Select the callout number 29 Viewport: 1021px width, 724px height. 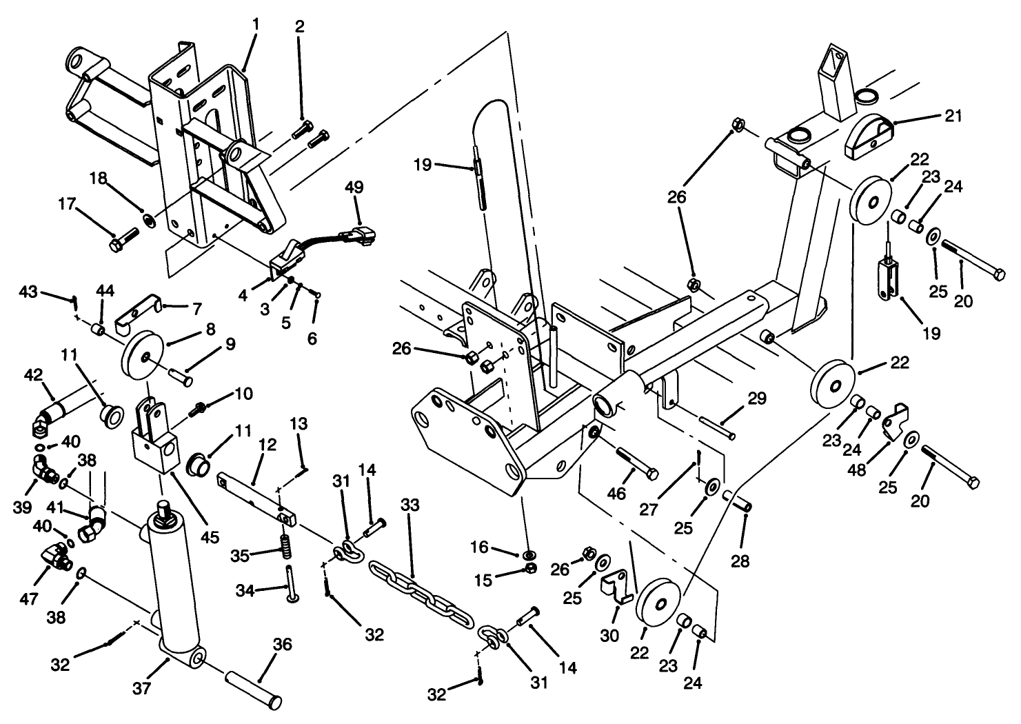[756, 399]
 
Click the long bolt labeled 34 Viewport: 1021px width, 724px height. [290, 581]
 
